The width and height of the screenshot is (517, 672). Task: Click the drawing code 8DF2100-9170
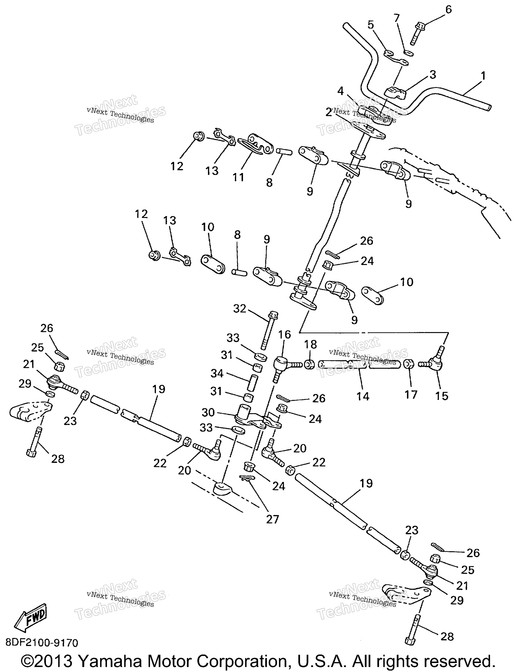tap(42, 643)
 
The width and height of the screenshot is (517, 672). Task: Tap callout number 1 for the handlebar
tap(483, 76)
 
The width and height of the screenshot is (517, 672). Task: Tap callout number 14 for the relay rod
tap(363, 396)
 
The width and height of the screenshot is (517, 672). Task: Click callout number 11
tap(238, 177)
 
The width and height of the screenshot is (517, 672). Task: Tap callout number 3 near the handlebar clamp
tap(433, 75)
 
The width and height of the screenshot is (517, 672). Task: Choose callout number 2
tap(329, 113)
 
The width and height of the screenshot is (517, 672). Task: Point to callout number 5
tap(371, 25)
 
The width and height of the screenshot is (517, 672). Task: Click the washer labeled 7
tap(409, 53)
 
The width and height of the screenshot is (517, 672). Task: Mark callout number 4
tap(340, 91)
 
